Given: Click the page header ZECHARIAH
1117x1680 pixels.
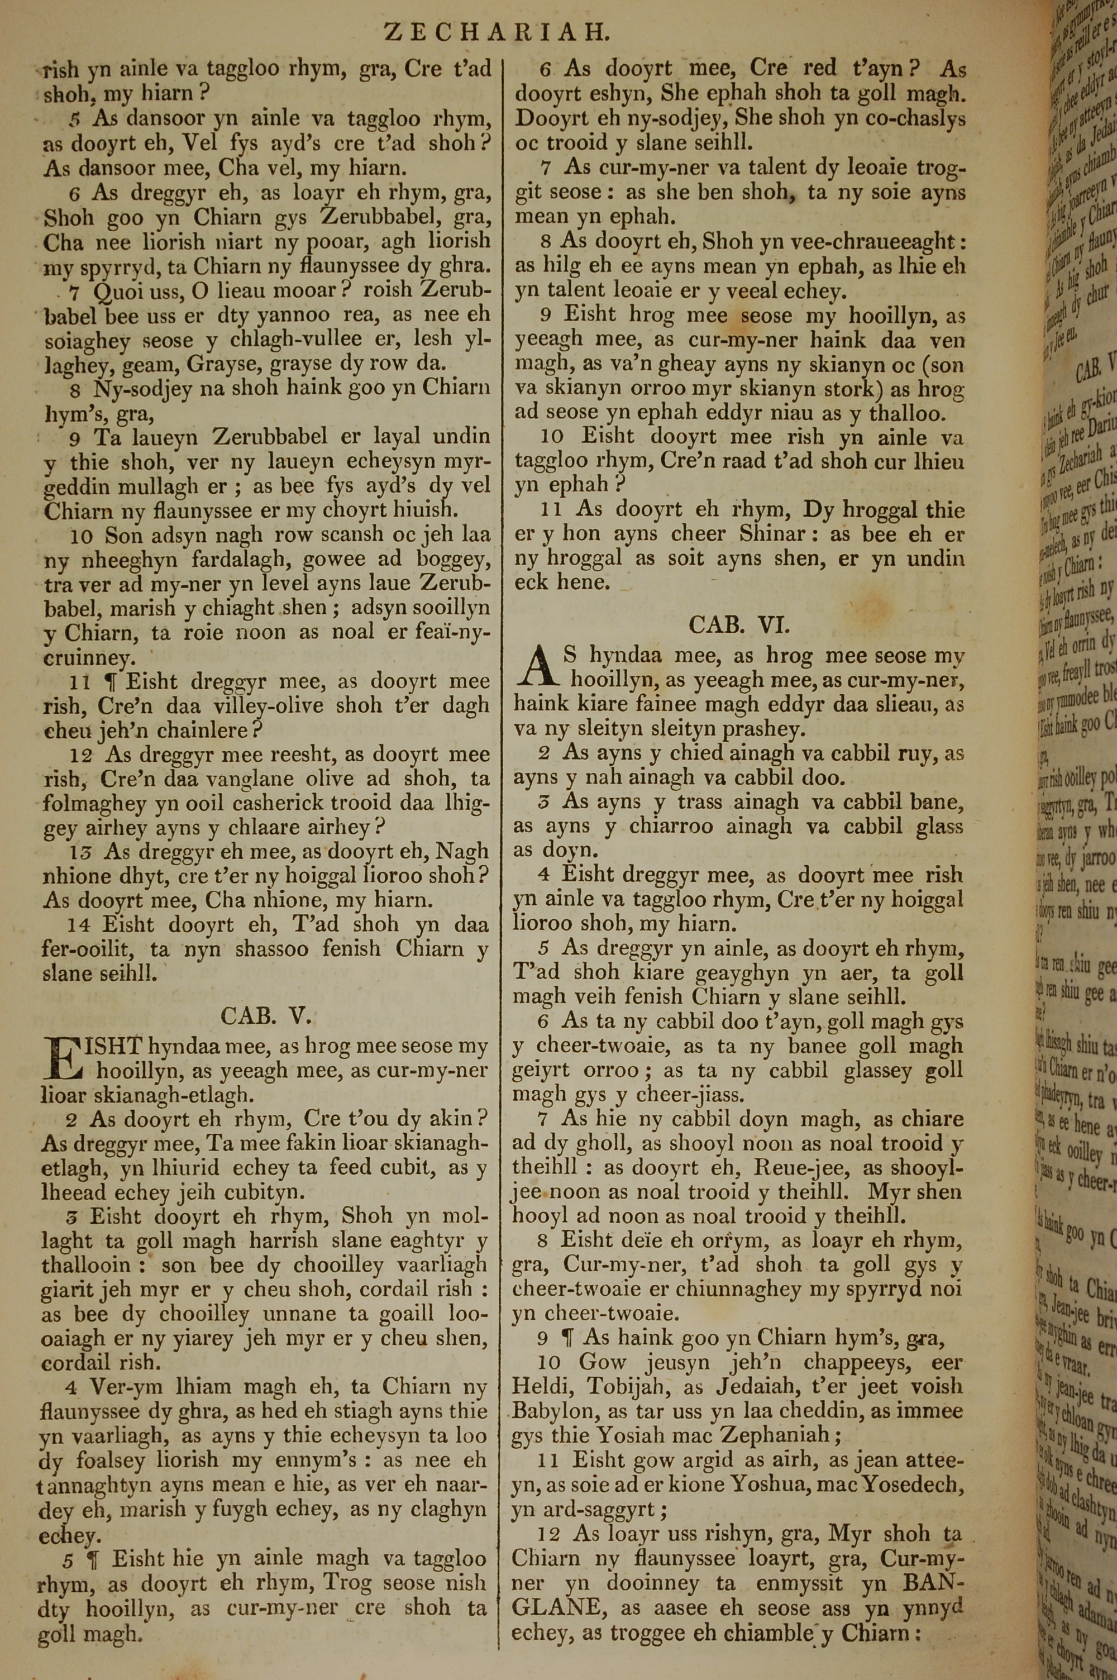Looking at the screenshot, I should coord(497,32).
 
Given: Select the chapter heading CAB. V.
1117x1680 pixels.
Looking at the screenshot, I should coord(266,1015).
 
